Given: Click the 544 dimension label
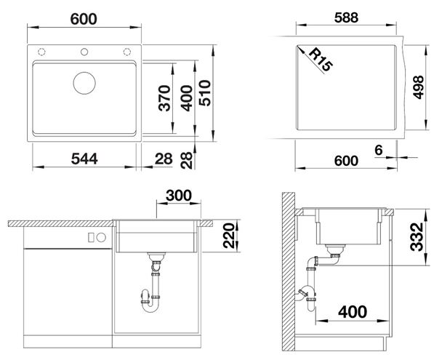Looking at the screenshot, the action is [84, 159].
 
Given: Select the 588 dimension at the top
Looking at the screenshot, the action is [346, 17].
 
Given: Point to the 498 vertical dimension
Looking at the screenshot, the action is [419, 87].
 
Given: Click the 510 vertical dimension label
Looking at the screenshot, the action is [205, 93].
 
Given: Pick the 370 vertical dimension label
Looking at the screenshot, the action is [164, 98].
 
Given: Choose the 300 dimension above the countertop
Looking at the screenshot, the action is [179, 196].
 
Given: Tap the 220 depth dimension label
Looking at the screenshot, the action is [229, 236].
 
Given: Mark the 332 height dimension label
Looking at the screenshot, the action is [417, 237].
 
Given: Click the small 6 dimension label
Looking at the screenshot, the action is [379, 150].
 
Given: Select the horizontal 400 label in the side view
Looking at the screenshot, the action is [353, 312].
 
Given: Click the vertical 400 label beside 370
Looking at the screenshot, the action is [186, 98].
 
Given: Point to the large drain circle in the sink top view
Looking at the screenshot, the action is [84, 83].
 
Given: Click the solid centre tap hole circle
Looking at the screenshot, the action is [84, 52].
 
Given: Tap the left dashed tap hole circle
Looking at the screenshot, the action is [41, 52].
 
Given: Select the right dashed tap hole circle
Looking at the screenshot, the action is [126, 52].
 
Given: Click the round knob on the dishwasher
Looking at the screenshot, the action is [101, 238].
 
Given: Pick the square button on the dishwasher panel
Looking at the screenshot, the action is [91, 238].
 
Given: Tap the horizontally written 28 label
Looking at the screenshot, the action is [164, 159].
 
